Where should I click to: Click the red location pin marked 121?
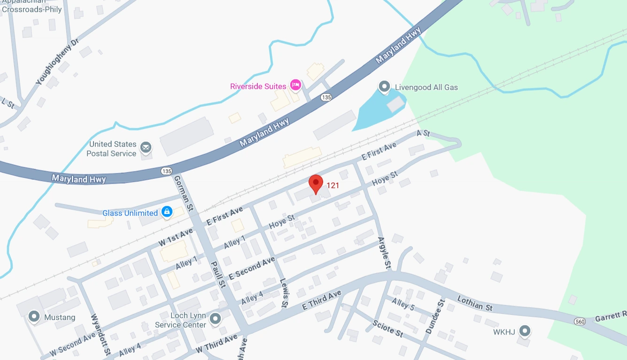tap(316, 184)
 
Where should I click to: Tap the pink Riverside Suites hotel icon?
tap(295, 85)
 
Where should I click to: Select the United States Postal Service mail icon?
tap(146, 148)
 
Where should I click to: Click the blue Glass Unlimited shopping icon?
tap(166, 212)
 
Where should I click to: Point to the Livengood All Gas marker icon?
tap(384, 87)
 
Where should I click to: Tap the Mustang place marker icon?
tap(34, 317)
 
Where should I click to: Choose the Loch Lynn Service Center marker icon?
tap(215, 319)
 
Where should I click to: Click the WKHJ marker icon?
tap(525, 332)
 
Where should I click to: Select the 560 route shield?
tap(579, 321)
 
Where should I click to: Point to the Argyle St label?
tap(384, 253)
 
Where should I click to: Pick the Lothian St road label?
tap(475, 304)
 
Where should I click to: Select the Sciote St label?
tap(387, 329)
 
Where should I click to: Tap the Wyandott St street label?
tap(102, 334)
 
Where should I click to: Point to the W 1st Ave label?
tap(176, 237)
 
